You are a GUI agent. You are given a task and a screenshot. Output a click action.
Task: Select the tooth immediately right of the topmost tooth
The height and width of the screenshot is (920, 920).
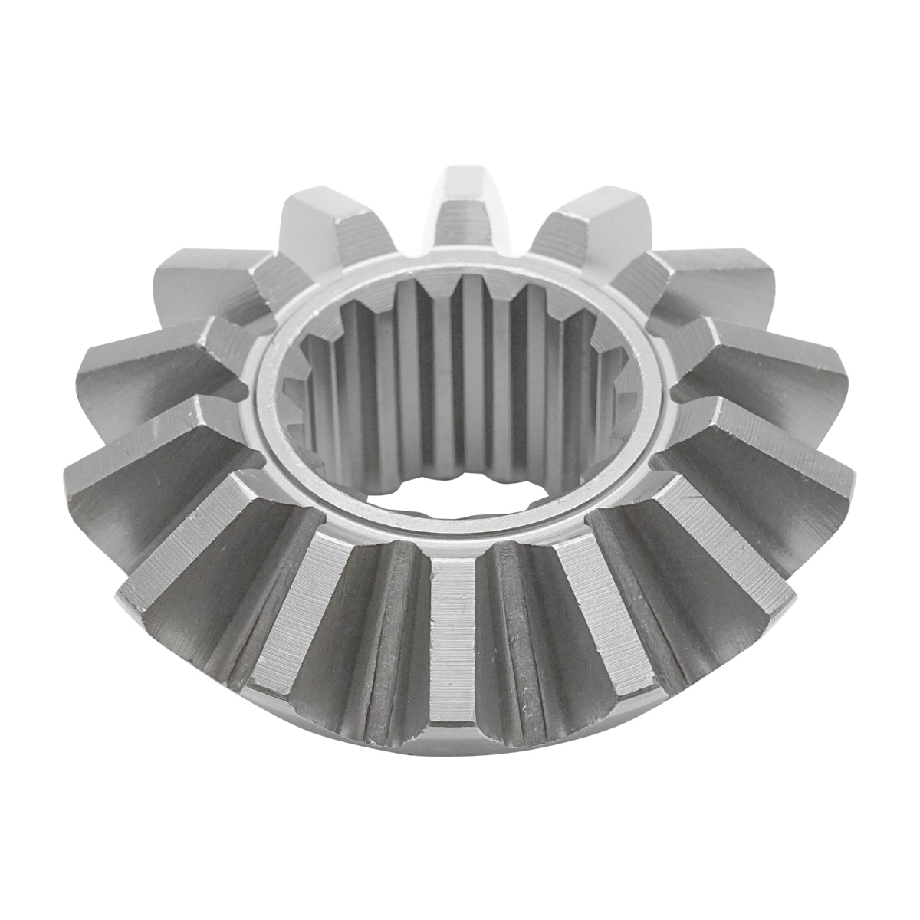[586, 222]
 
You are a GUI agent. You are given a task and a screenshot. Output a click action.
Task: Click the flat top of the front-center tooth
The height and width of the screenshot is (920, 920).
[452, 636]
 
